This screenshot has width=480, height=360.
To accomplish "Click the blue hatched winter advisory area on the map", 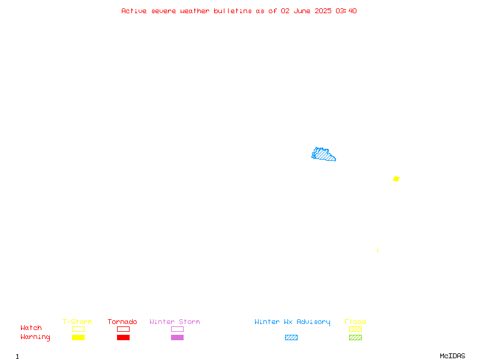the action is pyautogui.click(x=323, y=155).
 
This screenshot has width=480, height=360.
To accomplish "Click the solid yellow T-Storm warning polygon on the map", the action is pyautogui.click(x=396, y=179).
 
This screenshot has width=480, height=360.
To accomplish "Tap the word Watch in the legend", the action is pyautogui.click(x=31, y=328).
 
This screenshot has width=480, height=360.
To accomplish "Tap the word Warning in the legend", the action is pyautogui.click(x=35, y=337).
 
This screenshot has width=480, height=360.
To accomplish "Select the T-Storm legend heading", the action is pyautogui.click(x=77, y=322).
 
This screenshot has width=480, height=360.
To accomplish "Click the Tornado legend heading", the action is pyautogui.click(x=122, y=322).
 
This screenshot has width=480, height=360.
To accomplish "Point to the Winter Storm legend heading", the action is pyautogui.click(x=175, y=322).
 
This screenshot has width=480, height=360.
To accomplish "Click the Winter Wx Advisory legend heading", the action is pyautogui.click(x=292, y=322).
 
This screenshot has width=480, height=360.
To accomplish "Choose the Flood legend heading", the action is pyautogui.click(x=355, y=322).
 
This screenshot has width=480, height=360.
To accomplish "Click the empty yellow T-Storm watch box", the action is pyautogui.click(x=79, y=329).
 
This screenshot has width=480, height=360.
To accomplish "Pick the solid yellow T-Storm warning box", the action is pyautogui.click(x=79, y=337).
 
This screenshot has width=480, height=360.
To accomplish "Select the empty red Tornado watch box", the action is pyautogui.click(x=124, y=329).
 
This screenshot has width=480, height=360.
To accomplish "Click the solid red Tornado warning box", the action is pyautogui.click(x=124, y=337).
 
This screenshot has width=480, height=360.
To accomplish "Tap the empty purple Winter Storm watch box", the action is pyautogui.click(x=177, y=329).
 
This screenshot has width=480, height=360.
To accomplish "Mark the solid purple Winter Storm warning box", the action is pyautogui.click(x=177, y=337).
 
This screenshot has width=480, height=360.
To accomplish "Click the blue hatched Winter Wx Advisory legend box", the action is pyautogui.click(x=291, y=337).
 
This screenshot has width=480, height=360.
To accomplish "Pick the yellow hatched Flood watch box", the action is pyautogui.click(x=355, y=329).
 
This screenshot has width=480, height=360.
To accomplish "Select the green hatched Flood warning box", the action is pyautogui.click(x=355, y=337).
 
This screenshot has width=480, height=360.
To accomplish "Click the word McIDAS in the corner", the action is pyautogui.click(x=452, y=356).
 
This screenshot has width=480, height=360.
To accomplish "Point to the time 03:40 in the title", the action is pyautogui.click(x=346, y=11).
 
